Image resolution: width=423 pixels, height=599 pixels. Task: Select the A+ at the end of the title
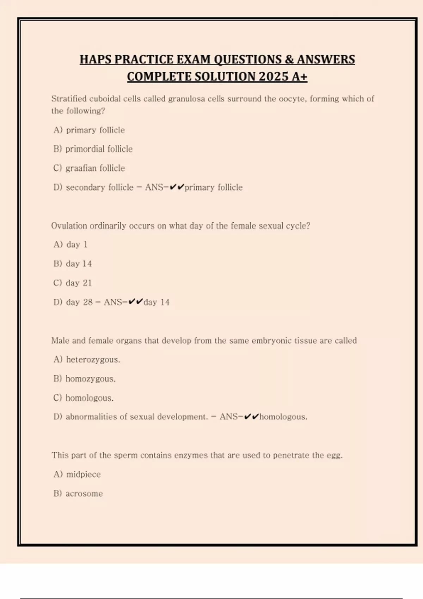[x=299, y=76]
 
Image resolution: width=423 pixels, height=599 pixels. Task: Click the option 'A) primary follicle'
[x=89, y=130]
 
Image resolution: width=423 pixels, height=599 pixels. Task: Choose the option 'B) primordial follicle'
[x=93, y=149]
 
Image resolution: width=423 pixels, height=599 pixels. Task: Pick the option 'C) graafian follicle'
[x=89, y=168]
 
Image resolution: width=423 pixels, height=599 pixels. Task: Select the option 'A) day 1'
[x=70, y=245]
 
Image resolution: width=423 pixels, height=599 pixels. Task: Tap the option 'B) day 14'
[x=73, y=264]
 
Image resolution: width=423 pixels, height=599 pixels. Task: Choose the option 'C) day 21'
[x=73, y=283]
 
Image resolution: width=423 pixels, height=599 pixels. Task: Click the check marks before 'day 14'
[x=136, y=302]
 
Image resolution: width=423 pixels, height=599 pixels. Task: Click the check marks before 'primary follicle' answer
[x=177, y=187]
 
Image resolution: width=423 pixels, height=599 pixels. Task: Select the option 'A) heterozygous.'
[x=87, y=359]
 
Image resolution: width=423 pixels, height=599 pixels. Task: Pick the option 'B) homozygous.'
[x=85, y=379]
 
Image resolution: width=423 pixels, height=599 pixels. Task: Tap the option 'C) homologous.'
[x=84, y=398]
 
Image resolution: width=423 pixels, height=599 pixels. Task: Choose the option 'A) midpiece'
[x=77, y=474]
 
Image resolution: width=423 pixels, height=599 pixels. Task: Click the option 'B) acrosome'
[x=78, y=494]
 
